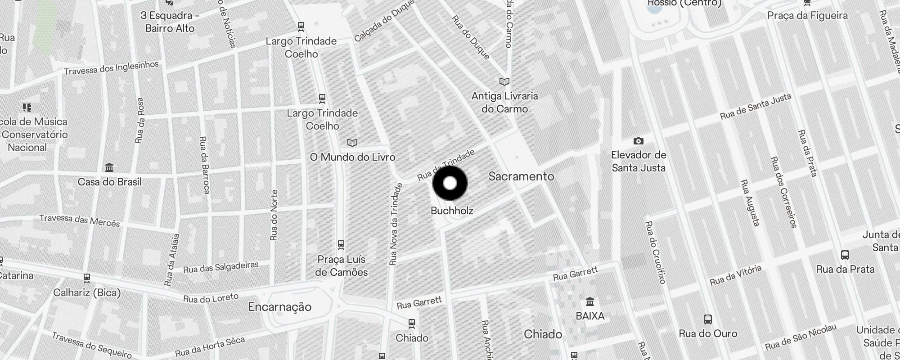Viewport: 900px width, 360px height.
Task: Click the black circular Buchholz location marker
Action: click(x=450, y=183)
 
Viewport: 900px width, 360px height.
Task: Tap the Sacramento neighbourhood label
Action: click(x=521, y=176)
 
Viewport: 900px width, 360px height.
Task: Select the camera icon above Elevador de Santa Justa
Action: click(x=638, y=141)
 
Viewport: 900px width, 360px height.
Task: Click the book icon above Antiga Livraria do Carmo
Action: click(x=504, y=82)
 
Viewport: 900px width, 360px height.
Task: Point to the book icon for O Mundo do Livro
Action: click(x=352, y=143)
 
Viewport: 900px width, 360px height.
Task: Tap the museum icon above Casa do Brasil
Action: click(x=109, y=168)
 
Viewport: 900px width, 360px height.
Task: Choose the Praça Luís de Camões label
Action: click(x=341, y=265)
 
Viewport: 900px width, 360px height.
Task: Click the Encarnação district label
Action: click(x=279, y=307)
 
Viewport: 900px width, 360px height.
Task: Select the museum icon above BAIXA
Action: click(x=590, y=301)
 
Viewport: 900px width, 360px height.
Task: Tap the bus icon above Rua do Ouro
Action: click(x=708, y=319)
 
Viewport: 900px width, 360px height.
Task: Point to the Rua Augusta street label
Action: click(x=750, y=202)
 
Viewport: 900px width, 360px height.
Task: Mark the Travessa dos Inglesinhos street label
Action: click(x=111, y=68)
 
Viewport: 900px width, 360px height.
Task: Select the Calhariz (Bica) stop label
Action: click(x=87, y=293)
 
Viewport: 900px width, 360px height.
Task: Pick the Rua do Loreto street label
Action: click(x=211, y=298)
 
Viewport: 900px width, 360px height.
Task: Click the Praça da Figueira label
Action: click(x=807, y=16)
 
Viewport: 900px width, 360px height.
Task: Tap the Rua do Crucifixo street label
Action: click(x=655, y=252)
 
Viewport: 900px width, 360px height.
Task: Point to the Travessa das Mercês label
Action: click(x=80, y=220)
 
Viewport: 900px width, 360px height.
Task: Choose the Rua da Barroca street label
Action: click(x=204, y=165)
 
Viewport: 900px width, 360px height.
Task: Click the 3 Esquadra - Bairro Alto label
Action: click(x=170, y=22)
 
